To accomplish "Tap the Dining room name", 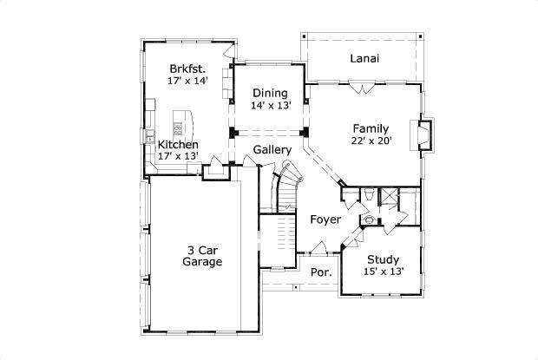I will click(x=270, y=93).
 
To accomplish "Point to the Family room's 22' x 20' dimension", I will click(x=371, y=141).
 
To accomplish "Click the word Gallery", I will click(x=272, y=150).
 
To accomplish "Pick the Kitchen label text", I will click(x=178, y=144).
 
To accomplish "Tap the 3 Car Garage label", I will click(x=202, y=256).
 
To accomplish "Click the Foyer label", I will click(x=326, y=219).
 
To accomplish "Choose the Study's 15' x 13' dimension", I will click(x=383, y=272).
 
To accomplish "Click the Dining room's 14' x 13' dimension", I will click(x=270, y=105).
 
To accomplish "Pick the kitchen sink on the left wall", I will click(x=149, y=134).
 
